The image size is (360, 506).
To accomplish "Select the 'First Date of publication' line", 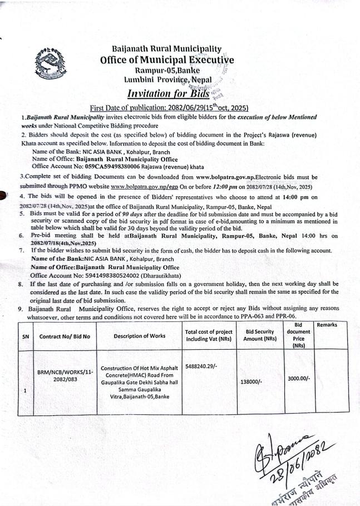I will [x=169, y=107].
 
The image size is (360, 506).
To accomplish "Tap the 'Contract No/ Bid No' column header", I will [x=63, y=336].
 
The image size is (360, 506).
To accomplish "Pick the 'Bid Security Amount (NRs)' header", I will [x=260, y=335].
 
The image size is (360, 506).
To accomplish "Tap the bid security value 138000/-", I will [x=257, y=381].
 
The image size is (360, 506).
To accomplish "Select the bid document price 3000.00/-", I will [x=299, y=378].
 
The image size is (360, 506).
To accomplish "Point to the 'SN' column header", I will [x=25, y=336].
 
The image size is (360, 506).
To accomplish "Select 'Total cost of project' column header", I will [x=209, y=335].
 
